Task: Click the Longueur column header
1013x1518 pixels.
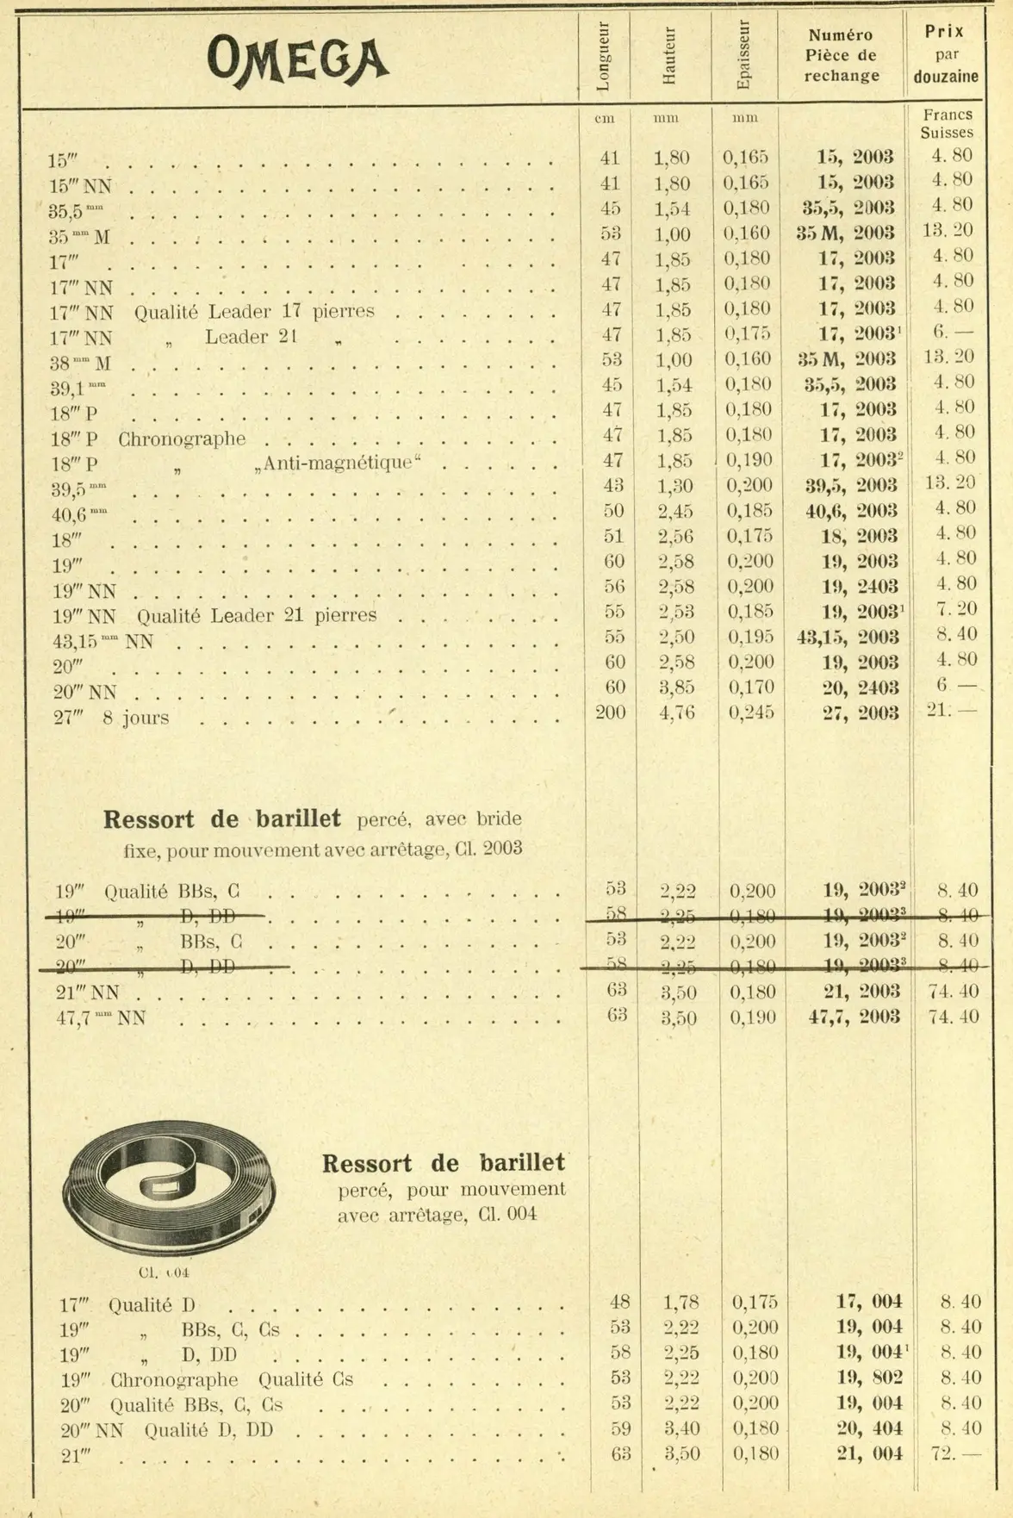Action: pos(603,56)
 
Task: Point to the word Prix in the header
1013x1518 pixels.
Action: pos(944,32)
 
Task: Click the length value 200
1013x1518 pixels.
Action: pos(611,712)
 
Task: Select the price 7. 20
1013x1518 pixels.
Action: pos(956,609)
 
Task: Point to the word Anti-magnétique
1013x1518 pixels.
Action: pos(338,463)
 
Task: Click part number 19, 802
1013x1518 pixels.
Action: pos(869,1378)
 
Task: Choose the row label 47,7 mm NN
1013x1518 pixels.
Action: pos(101,1018)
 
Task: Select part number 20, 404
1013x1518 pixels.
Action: pos(869,1428)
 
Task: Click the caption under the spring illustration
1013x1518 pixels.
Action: pos(164,1272)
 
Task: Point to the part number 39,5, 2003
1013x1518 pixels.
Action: pos(851,485)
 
